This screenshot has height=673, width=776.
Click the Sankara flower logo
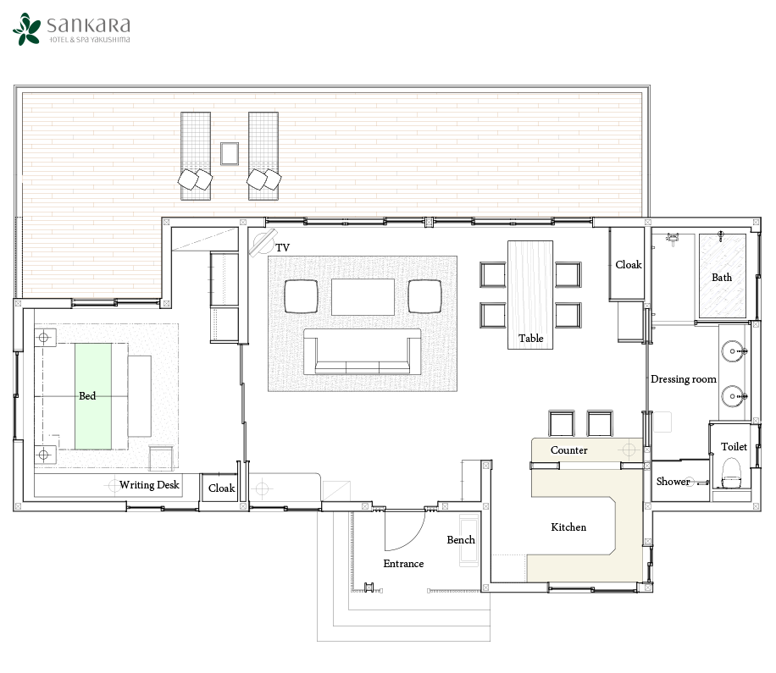[x=27, y=29]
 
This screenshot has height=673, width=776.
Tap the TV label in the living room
[x=282, y=247]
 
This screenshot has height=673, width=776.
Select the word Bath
[x=722, y=277]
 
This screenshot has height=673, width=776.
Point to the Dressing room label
[x=684, y=378]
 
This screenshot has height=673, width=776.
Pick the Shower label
[x=673, y=481]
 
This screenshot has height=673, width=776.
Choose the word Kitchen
[x=568, y=527]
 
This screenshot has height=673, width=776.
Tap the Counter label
[x=568, y=450]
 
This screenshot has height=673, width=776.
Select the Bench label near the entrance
[x=460, y=539]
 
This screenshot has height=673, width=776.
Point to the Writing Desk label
[x=149, y=484]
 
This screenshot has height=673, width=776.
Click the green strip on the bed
[x=93, y=396]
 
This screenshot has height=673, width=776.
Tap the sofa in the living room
[x=363, y=351]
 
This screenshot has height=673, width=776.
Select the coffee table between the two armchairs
[x=363, y=296]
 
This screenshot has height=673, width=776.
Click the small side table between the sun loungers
[x=229, y=153]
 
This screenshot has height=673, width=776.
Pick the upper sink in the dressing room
[x=733, y=351]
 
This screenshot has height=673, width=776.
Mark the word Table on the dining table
[x=530, y=339]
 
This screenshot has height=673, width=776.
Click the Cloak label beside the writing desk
[x=221, y=488]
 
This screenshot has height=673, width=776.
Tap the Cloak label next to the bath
[x=628, y=265]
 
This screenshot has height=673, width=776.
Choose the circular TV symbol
[x=263, y=242]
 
